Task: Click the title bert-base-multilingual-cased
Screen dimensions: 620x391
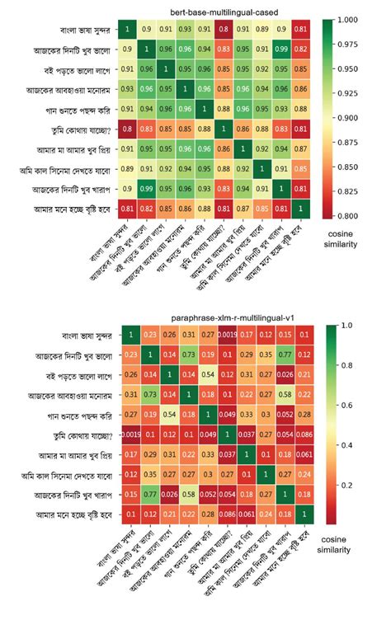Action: tap(214, 11)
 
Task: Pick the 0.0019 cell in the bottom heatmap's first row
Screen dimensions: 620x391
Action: tap(224, 335)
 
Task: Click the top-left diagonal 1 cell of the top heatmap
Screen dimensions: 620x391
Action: tap(127, 30)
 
